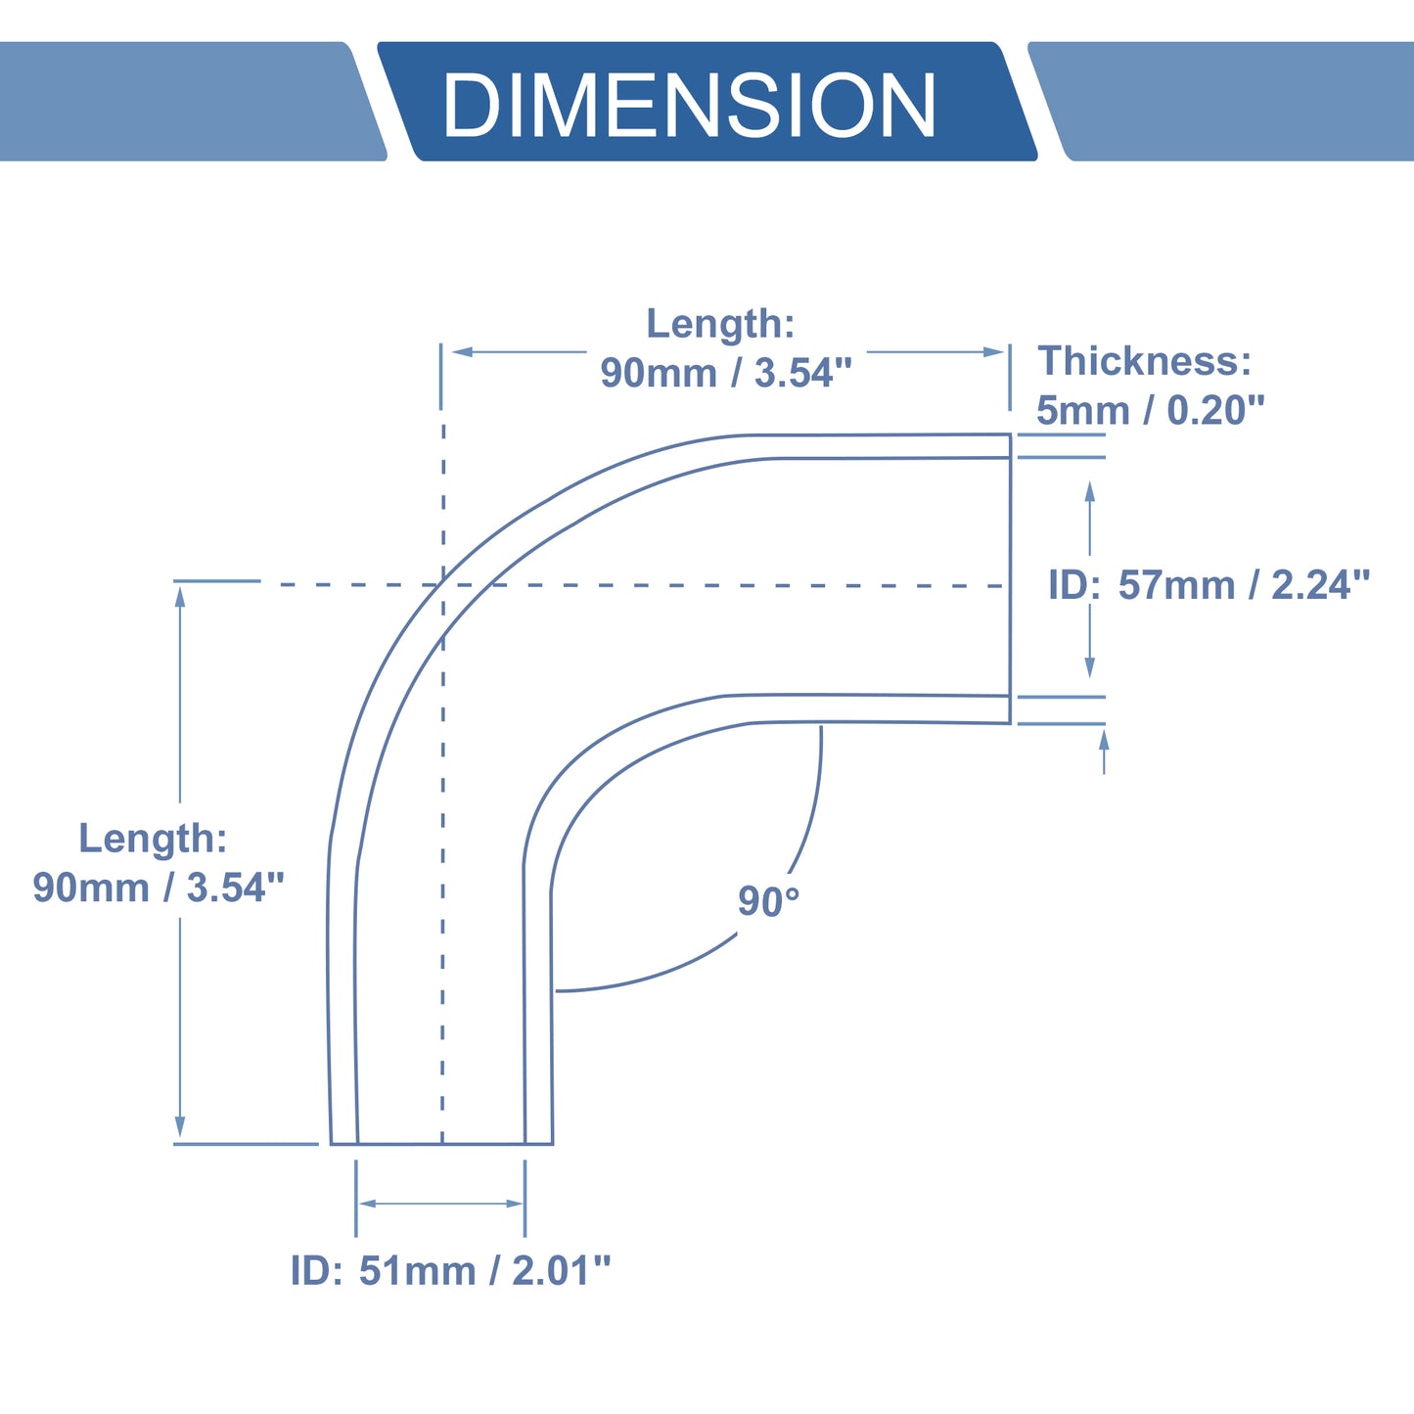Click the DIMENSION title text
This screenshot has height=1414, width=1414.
point(689,105)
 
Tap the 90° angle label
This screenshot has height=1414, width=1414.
point(768,902)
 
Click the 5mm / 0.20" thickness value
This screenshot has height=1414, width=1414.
point(1150,410)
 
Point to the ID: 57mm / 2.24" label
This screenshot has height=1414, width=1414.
point(1209,585)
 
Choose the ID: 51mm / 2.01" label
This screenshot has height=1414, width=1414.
point(450,1271)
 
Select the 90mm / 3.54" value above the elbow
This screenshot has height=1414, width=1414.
point(726,373)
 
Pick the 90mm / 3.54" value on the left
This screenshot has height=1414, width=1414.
point(158,888)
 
